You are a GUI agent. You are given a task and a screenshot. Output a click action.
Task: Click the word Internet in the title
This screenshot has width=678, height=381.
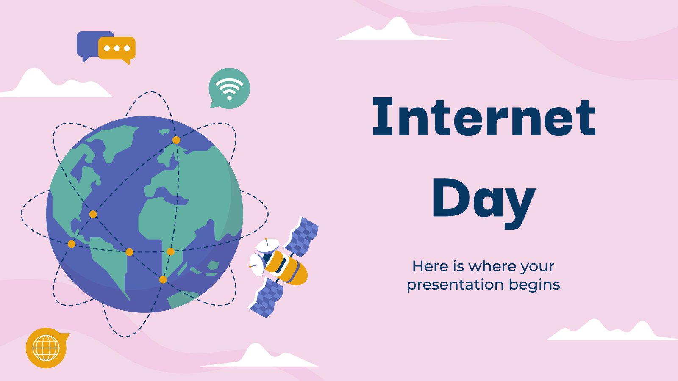coord(484,116)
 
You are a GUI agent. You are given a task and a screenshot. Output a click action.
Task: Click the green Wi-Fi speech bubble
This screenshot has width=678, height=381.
coord(229,88)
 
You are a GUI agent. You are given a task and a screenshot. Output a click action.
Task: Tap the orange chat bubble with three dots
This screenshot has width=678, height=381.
coord(117,50)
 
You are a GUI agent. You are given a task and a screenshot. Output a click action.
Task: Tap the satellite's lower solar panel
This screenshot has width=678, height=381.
coord(267,298)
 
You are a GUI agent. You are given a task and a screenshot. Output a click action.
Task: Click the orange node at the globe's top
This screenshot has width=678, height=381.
coord(176,140)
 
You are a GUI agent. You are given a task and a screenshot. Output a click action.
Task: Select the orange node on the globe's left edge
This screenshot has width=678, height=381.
coord(72,244)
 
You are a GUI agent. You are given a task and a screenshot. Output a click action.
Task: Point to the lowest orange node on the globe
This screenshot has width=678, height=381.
coord(163,279)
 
